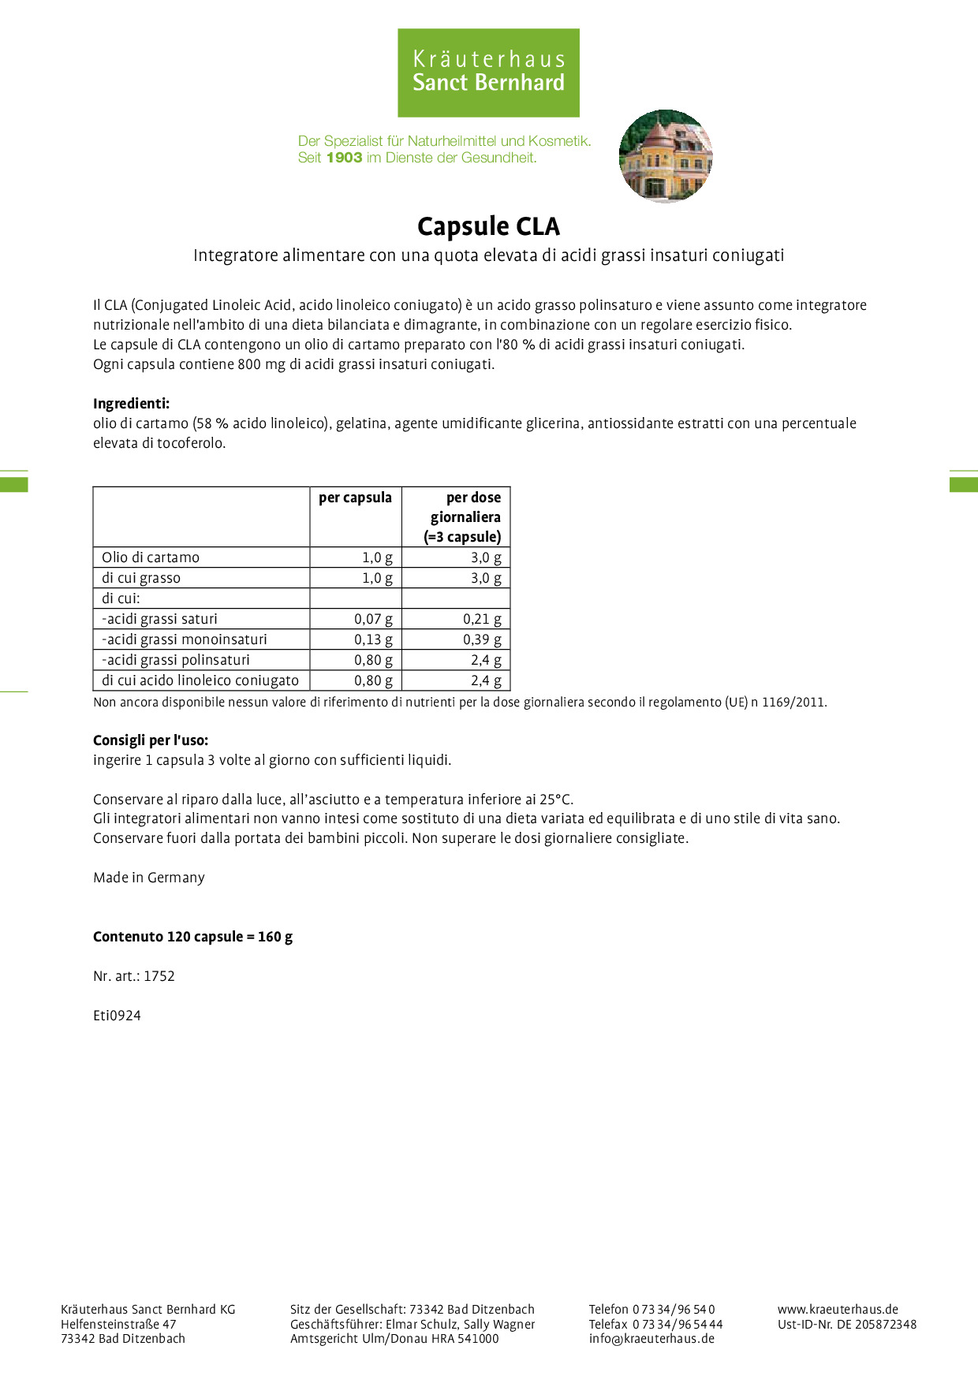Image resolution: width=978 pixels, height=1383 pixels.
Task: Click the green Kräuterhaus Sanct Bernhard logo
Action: coord(488,73)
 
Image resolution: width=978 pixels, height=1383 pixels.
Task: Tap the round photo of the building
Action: coord(666,156)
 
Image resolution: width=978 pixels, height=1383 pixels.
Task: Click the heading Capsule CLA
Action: coord(488,226)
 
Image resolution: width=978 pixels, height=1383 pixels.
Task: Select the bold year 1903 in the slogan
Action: coord(344,158)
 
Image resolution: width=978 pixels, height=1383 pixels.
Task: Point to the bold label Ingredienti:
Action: coord(131,404)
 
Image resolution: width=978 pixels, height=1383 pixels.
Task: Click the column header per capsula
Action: coord(355,498)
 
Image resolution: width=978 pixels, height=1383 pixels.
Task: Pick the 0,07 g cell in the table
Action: coord(373,619)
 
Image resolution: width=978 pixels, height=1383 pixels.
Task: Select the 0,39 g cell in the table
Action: coord(482,639)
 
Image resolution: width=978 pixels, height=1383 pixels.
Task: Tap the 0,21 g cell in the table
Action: coord(482,619)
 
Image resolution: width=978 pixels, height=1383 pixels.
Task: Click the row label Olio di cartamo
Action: coord(151,557)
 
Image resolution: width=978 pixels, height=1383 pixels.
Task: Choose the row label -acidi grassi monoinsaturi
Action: coord(185,639)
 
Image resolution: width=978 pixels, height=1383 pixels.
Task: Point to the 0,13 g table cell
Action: coord(373,639)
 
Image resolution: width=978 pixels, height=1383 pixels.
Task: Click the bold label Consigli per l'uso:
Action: coord(151,740)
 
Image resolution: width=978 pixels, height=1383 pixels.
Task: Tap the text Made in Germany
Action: coord(149,878)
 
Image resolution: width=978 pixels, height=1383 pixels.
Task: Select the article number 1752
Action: coord(159,976)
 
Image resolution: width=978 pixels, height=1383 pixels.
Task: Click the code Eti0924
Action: coord(117,1016)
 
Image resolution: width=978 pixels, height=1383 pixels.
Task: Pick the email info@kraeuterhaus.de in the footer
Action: coord(651,1338)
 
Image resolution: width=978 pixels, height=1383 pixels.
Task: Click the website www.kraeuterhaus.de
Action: coord(838,1309)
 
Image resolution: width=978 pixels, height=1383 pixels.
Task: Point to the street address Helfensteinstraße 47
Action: coord(118,1324)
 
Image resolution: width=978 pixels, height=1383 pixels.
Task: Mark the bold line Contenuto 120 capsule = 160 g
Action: coord(192,937)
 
